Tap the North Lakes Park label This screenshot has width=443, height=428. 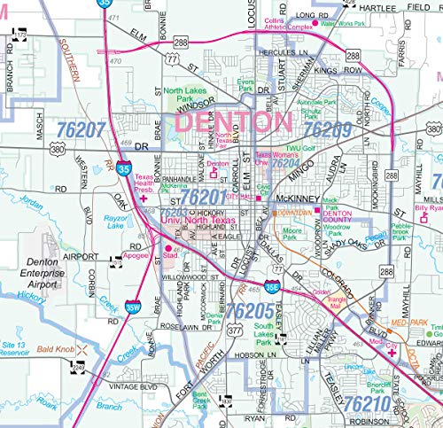point(187,95)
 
